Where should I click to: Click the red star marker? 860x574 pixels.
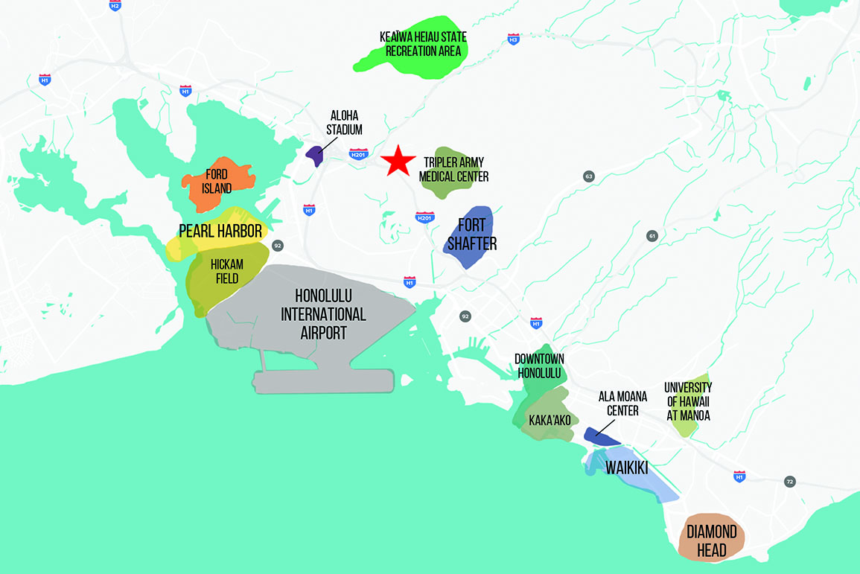coord(398,160)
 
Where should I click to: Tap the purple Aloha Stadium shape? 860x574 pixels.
coord(315,156)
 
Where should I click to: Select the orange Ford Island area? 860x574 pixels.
coord(220,183)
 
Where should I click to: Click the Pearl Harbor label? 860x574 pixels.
coord(220,231)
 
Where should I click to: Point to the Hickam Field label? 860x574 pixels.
coord(228,272)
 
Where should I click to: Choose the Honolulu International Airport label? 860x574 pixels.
coord(323,313)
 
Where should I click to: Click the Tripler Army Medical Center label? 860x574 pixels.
coord(453,170)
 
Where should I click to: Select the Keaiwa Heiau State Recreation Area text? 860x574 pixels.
coord(421,45)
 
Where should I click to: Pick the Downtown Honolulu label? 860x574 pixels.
coord(538,366)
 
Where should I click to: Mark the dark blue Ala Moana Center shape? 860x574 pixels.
coord(601,436)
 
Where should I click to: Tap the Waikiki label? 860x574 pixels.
coord(626,468)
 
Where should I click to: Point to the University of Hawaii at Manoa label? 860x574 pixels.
coord(688,402)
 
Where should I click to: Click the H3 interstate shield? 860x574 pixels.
coord(513,38)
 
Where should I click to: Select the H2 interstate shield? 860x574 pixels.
coord(114,5)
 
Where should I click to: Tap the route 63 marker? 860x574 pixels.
coord(589,176)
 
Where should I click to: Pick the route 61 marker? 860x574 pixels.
coord(652,236)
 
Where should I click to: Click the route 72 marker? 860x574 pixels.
coord(789,482)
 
